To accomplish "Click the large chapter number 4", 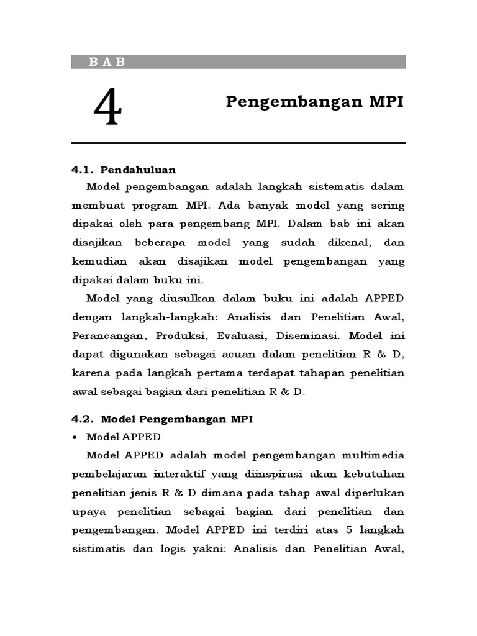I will click(x=108, y=107).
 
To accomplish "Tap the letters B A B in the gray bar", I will click(x=107, y=61).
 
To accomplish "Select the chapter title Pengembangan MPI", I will click(x=314, y=102).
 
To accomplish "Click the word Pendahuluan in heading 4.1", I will click(x=138, y=169).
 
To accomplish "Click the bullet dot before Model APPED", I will click(x=76, y=437).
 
